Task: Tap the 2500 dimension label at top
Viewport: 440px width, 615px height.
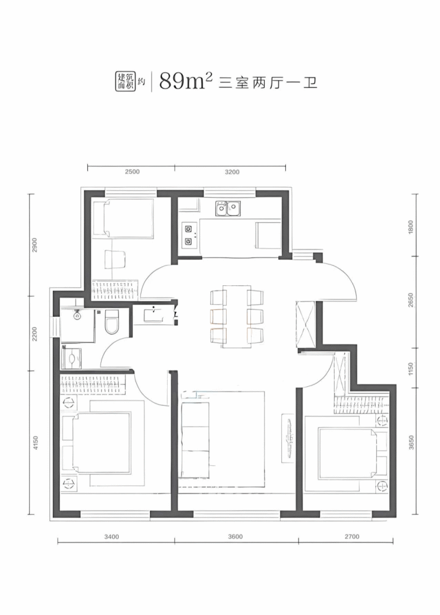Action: point(132,172)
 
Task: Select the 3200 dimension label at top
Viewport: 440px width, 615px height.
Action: point(231,172)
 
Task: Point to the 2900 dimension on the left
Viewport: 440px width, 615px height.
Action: point(34,245)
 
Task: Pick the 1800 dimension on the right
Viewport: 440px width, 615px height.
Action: point(411,226)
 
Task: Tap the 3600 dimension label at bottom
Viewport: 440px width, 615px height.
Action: point(235,537)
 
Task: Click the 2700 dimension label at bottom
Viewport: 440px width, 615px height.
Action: point(351,537)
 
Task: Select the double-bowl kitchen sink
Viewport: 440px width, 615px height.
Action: point(228,209)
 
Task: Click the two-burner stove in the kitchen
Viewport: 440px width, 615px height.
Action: point(189,235)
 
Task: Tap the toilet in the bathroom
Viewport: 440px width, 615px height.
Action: point(111,323)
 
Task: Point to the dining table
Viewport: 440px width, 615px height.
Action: point(237,316)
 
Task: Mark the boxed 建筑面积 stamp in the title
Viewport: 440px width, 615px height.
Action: point(125,81)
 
